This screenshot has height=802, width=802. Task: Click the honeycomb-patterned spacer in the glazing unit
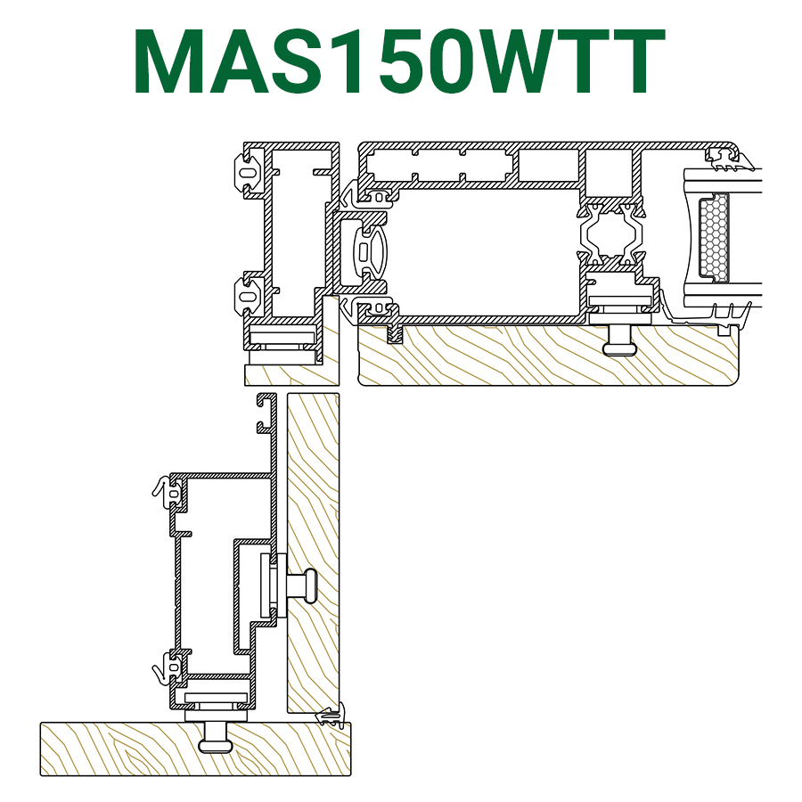pyautogui.click(x=713, y=237)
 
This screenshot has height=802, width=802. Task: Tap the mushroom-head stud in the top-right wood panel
pyautogui.click(x=620, y=340)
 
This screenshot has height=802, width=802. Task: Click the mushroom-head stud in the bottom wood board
pyautogui.click(x=216, y=737)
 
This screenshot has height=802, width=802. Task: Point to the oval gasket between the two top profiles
pyautogui.click(x=369, y=251)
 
